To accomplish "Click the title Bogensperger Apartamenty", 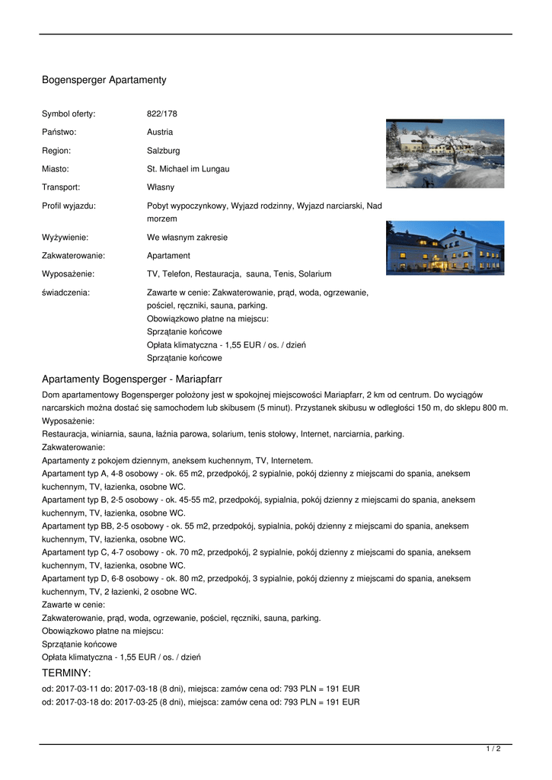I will [104, 80].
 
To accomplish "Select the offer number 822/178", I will [161, 114].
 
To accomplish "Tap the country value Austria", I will [160, 133].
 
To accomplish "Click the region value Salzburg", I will [164, 151].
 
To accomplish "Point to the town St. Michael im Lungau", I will [188, 169].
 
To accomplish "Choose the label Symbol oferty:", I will [69, 114].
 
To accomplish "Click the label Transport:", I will [61, 187].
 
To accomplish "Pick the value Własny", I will [161, 187].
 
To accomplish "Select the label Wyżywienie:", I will [65, 238].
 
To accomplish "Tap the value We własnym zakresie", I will [187, 238].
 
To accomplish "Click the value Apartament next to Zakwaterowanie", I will [168, 256].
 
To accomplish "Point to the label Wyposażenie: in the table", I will [68, 274].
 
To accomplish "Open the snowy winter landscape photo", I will [445, 153].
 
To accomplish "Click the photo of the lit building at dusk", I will [445, 248].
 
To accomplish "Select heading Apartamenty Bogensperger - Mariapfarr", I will [132, 379].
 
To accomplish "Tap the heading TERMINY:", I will [66, 673].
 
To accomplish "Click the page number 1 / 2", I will [493, 750].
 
